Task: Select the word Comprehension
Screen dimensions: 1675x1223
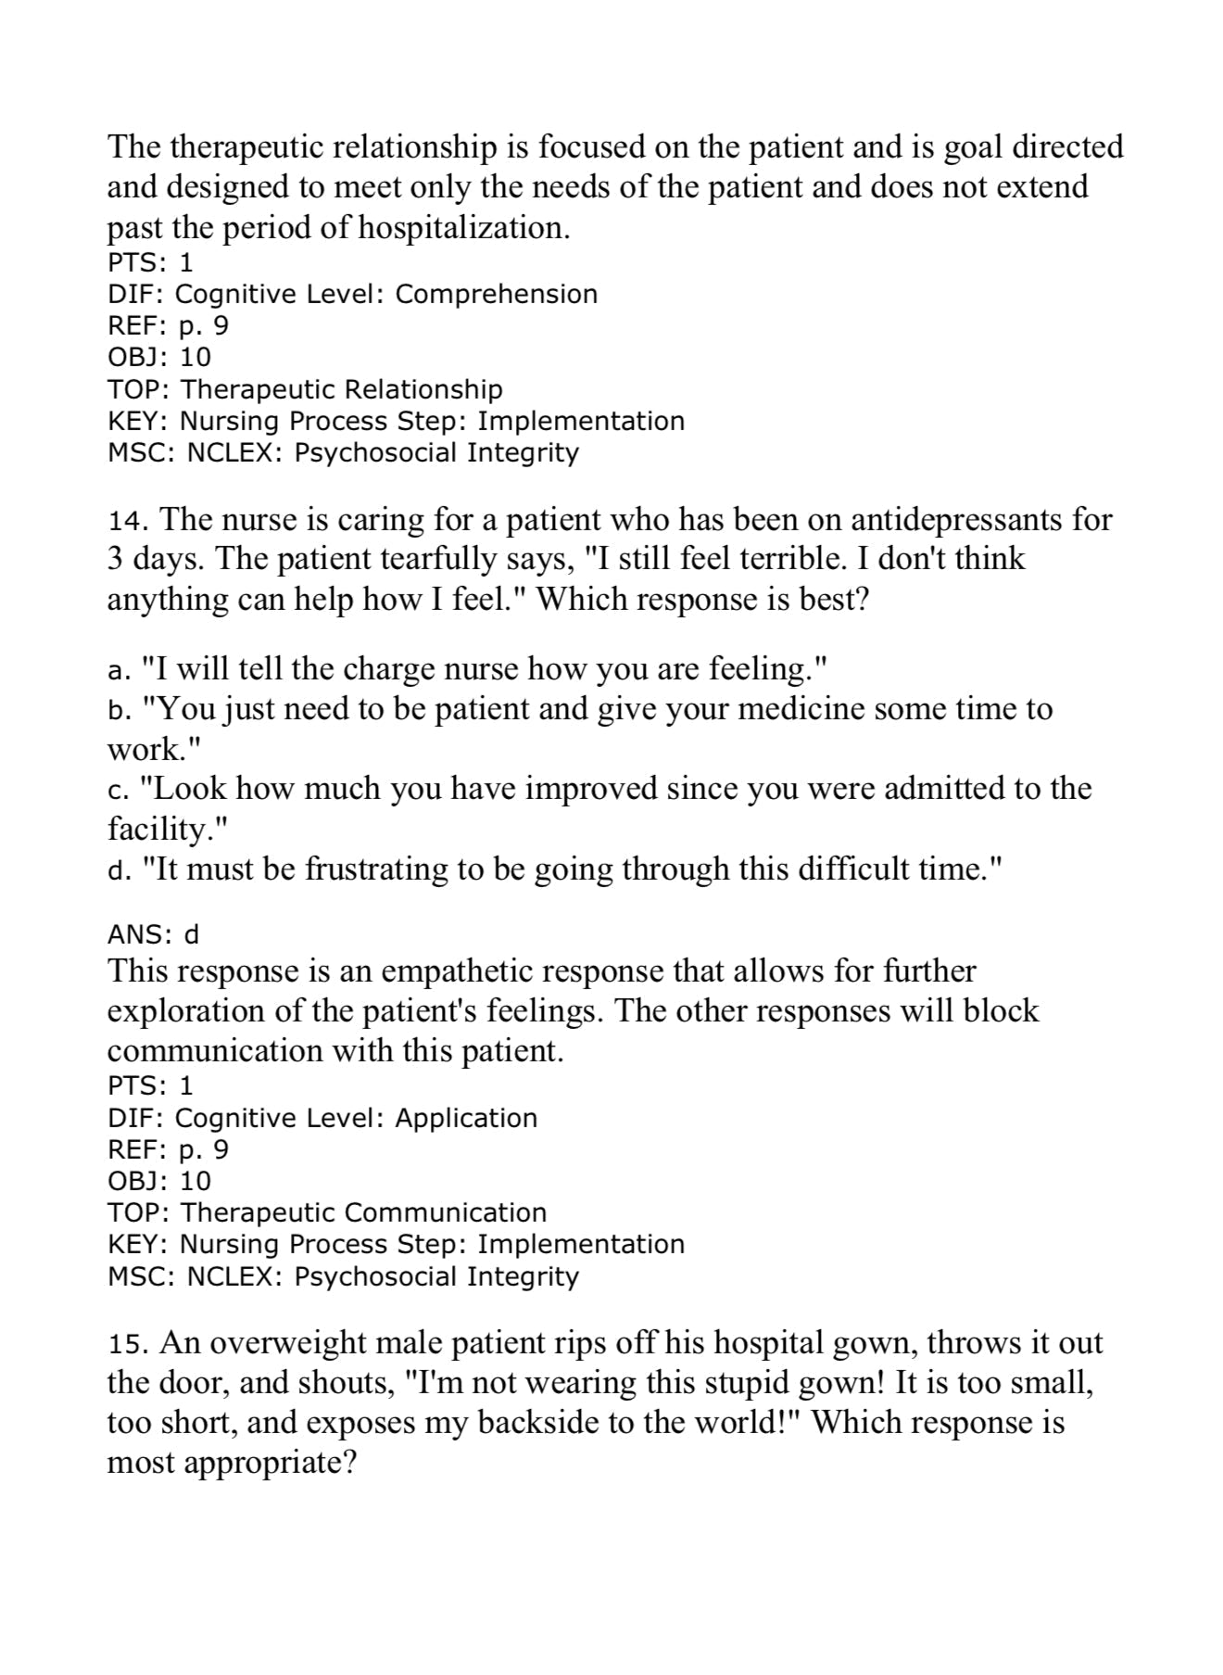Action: (496, 294)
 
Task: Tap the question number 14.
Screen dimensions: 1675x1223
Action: (122, 520)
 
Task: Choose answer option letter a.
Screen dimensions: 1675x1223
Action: (116, 669)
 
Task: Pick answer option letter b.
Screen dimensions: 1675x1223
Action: (116, 710)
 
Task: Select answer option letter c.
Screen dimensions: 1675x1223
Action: (116, 790)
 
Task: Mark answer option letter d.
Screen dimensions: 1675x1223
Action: (116, 870)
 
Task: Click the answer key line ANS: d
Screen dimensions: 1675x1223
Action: (153, 933)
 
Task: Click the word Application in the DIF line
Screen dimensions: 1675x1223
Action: (466, 1118)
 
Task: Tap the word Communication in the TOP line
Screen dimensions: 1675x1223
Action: (446, 1212)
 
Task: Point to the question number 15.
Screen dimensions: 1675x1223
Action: (122, 1344)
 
